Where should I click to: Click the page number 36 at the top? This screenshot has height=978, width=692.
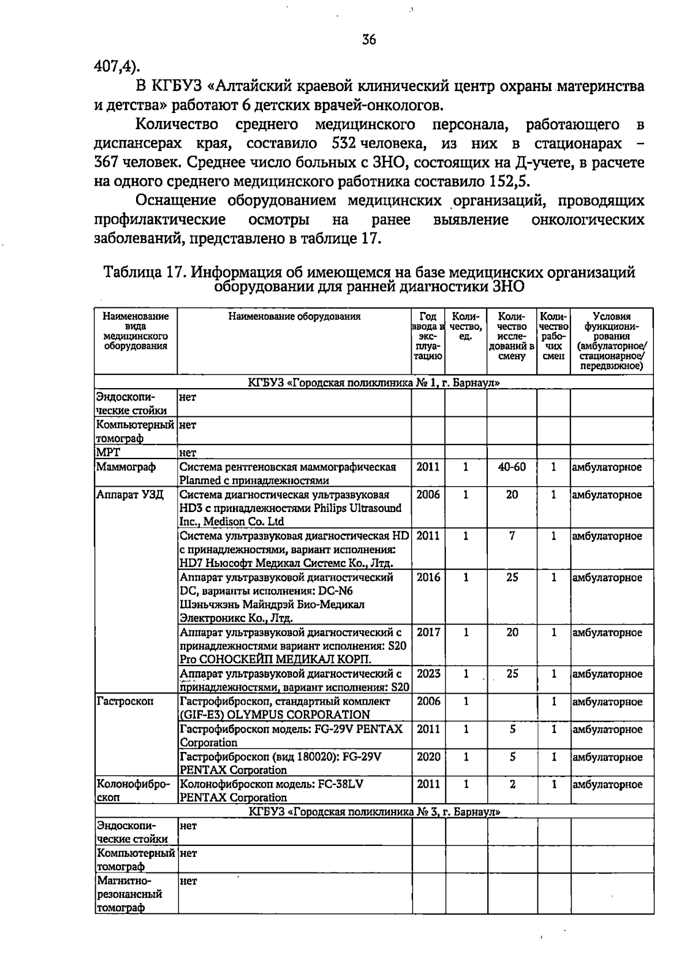click(369, 39)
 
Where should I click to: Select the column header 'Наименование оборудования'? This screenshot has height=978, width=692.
click(294, 316)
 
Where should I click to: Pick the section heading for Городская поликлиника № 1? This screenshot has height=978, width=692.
click(374, 382)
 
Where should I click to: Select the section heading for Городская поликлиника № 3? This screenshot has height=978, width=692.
click(374, 812)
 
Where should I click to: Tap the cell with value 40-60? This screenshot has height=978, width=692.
click(512, 467)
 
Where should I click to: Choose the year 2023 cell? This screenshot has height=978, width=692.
click(428, 674)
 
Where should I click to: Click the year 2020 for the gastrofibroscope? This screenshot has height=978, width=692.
click(428, 757)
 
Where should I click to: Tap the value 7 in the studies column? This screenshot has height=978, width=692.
click(512, 536)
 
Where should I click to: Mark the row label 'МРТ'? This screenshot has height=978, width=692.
click(108, 453)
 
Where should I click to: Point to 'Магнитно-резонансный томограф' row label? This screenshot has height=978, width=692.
click(130, 894)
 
